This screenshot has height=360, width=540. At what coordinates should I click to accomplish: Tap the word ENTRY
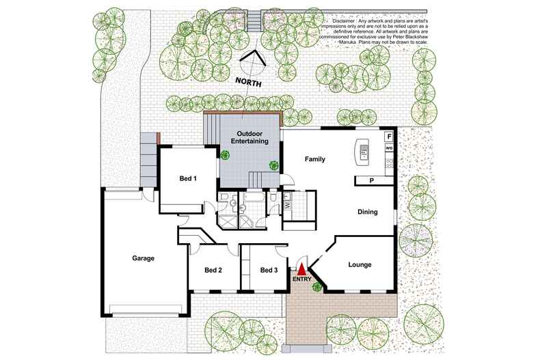coord(302,279)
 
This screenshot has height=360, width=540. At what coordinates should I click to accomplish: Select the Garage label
coord(143,258)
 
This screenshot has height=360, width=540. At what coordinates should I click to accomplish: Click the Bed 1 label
coord(188,178)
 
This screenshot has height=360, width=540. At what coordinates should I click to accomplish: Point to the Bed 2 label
coord(213,271)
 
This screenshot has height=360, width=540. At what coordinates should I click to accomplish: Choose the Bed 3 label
coord(269,271)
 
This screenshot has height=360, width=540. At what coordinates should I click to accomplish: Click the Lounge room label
coord(360,264)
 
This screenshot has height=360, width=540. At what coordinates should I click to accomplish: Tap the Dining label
coord(368,212)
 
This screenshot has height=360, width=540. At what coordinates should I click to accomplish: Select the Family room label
coord(314,159)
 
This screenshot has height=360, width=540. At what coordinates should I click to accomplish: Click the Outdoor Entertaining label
coord(249,137)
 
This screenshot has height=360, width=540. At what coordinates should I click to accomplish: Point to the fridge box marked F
coord(389,137)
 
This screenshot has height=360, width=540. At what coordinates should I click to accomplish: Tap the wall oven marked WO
coord(389,148)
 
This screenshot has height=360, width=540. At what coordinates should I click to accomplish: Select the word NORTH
coord(248,82)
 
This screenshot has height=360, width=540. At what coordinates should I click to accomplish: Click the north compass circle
coord(253,64)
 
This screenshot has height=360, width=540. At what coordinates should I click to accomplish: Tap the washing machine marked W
coord(287,206)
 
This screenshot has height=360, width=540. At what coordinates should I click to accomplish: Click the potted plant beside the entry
coord(316,287)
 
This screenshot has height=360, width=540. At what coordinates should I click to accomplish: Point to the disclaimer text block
coord(374,31)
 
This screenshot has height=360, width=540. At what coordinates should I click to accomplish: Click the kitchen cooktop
coord(390,163)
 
